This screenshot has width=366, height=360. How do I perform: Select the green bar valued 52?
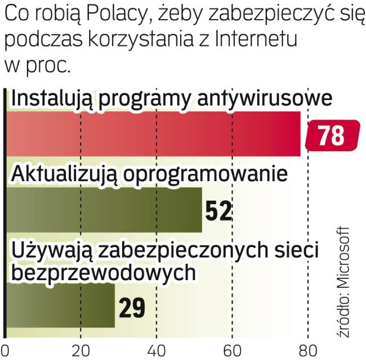pos(104,209)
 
